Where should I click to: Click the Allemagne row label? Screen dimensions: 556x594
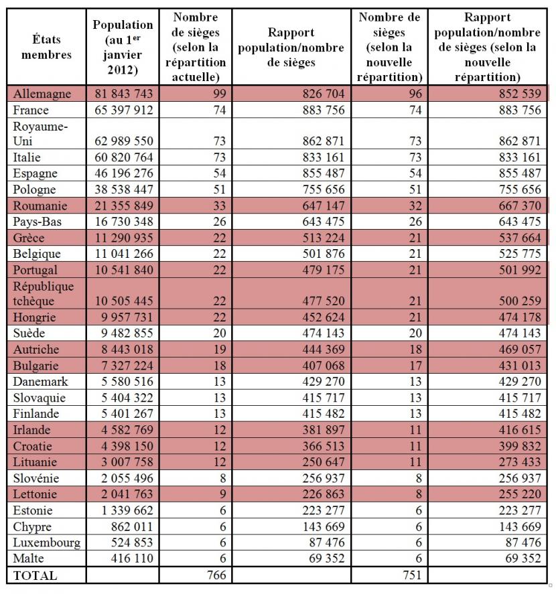[42, 94]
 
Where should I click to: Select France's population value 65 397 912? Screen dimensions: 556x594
[123, 110]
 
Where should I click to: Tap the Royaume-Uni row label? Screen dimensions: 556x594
[40, 133]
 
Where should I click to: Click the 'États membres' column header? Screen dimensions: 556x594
[46, 47]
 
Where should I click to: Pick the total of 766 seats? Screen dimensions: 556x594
[216, 575]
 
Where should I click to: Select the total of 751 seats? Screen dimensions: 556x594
[412, 575]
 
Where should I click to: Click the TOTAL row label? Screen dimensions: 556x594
[35, 575]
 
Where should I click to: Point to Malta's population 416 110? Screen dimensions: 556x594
[132, 558]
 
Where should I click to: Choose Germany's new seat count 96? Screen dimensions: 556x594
[415, 94]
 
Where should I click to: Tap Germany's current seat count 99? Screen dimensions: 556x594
[220, 94]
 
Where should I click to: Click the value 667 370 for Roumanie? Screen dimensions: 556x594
[520, 206]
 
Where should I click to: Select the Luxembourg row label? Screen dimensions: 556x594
[47, 542]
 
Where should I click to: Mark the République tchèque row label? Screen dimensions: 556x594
[43, 293]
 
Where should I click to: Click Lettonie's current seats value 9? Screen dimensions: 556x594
[223, 494]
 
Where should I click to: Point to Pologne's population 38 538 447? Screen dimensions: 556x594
[123, 189]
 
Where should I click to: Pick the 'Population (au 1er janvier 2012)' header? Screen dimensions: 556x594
[123, 47]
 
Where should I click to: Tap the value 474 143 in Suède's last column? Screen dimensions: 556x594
[520, 333]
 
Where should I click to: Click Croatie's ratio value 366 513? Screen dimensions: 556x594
[324, 446]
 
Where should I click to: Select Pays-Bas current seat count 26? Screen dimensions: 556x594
[220, 222]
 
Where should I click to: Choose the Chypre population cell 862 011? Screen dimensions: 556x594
[132, 526]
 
